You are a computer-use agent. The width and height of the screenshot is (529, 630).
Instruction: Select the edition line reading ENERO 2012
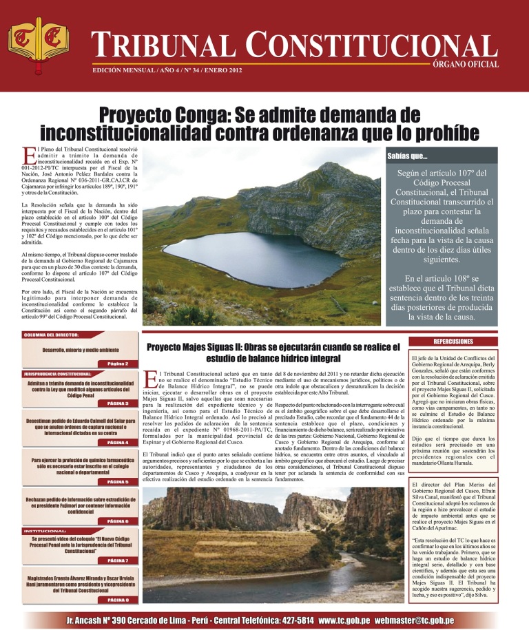(x=166, y=70)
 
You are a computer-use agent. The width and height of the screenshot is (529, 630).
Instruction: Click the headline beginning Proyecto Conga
(x=265, y=121)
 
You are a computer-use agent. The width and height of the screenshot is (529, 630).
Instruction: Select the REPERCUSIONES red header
(x=453, y=342)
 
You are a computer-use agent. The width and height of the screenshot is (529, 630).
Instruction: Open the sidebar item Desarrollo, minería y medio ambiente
(x=81, y=350)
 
